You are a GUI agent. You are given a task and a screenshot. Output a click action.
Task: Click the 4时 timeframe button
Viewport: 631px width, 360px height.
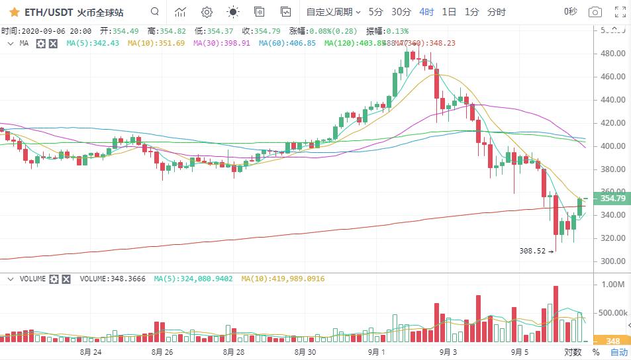click(x=426, y=12)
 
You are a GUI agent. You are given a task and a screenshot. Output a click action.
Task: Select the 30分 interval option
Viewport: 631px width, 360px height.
click(x=401, y=12)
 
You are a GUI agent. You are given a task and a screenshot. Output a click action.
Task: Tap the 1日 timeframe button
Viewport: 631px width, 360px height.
click(x=449, y=12)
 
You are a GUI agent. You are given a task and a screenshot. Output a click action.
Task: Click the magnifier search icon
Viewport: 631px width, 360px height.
click(x=154, y=12)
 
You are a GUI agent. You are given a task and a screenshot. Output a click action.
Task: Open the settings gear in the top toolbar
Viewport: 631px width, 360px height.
click(x=207, y=12)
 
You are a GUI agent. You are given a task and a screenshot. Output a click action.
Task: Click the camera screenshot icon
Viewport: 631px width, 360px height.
click(x=595, y=12)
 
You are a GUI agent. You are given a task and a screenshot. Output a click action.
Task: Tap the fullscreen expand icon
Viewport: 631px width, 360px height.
click(x=620, y=12)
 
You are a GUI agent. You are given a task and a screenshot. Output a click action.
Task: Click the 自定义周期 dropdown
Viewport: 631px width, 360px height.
click(x=333, y=12)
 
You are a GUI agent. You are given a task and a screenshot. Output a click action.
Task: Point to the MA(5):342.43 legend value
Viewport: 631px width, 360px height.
click(x=93, y=43)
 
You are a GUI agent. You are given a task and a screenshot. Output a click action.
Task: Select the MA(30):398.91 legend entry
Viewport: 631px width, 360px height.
click(x=221, y=43)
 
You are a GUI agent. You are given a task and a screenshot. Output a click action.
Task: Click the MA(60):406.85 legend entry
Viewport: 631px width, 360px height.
click(x=287, y=43)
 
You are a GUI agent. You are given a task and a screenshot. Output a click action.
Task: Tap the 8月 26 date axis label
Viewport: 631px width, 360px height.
click(x=162, y=351)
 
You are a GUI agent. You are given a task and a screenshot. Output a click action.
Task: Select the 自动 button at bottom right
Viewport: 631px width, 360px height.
click(x=618, y=352)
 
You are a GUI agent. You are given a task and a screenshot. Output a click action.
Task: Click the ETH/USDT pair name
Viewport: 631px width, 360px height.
click(x=48, y=12)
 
